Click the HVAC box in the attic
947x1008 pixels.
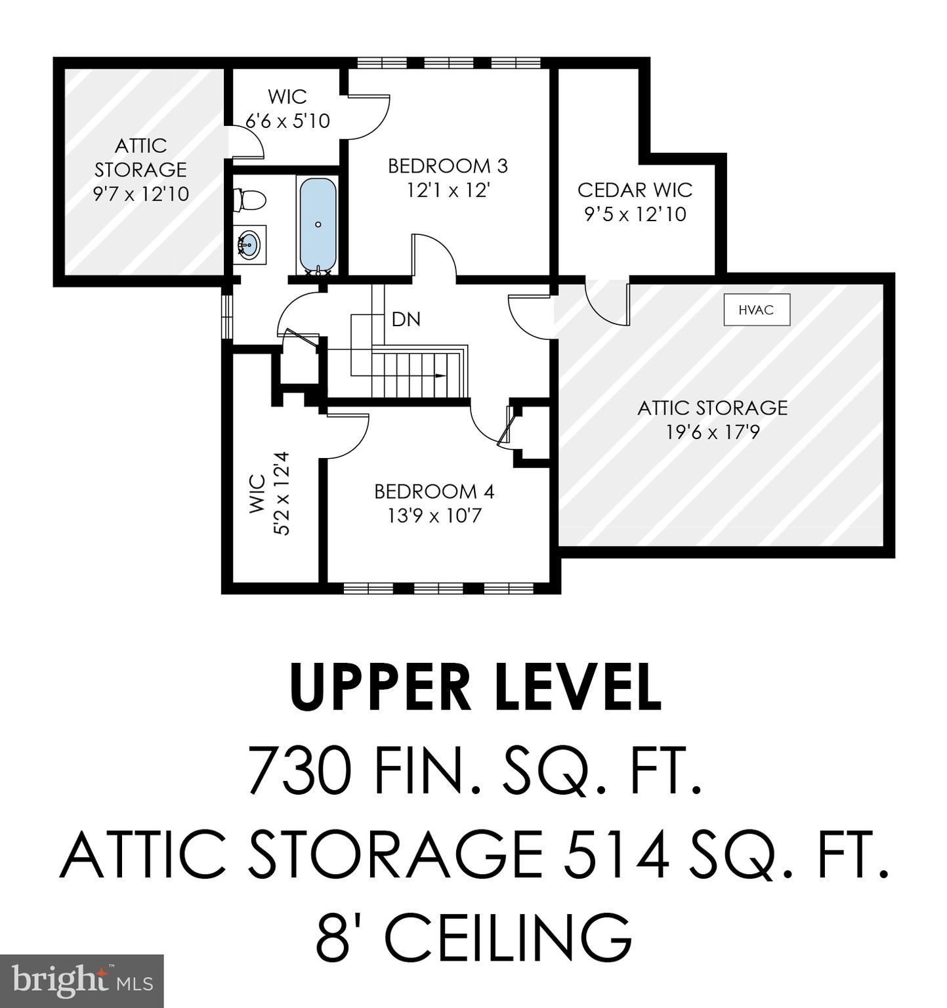pyautogui.click(x=756, y=310)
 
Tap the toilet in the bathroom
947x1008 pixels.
pyautogui.click(x=249, y=199)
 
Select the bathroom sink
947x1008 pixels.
pyautogui.click(x=249, y=244)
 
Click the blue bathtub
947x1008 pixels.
pyautogui.click(x=318, y=224)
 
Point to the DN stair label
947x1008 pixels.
pyautogui.click(x=406, y=320)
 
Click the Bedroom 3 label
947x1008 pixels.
pyautogui.click(x=448, y=166)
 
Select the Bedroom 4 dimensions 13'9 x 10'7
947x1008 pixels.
pyautogui.click(x=434, y=516)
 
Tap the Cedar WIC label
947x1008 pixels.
pyautogui.click(x=635, y=190)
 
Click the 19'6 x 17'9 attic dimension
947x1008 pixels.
pyautogui.click(x=712, y=432)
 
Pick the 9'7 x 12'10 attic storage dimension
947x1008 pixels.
pyautogui.click(x=141, y=194)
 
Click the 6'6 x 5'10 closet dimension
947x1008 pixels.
pyautogui.click(x=287, y=121)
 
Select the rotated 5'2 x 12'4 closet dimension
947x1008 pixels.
pyautogui.click(x=281, y=493)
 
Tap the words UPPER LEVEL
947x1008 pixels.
pyautogui.click(x=474, y=687)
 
